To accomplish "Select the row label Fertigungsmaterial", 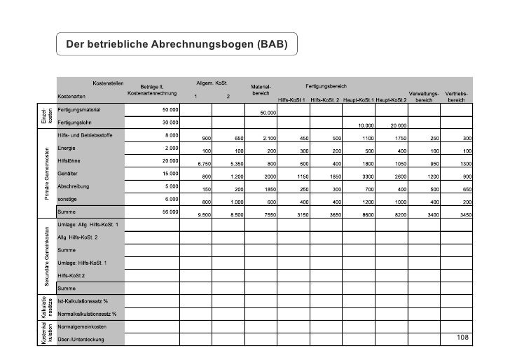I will [81, 110].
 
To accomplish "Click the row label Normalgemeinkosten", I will [82, 326].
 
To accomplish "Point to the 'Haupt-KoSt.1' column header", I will [358, 100].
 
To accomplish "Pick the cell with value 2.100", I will [268, 139].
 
